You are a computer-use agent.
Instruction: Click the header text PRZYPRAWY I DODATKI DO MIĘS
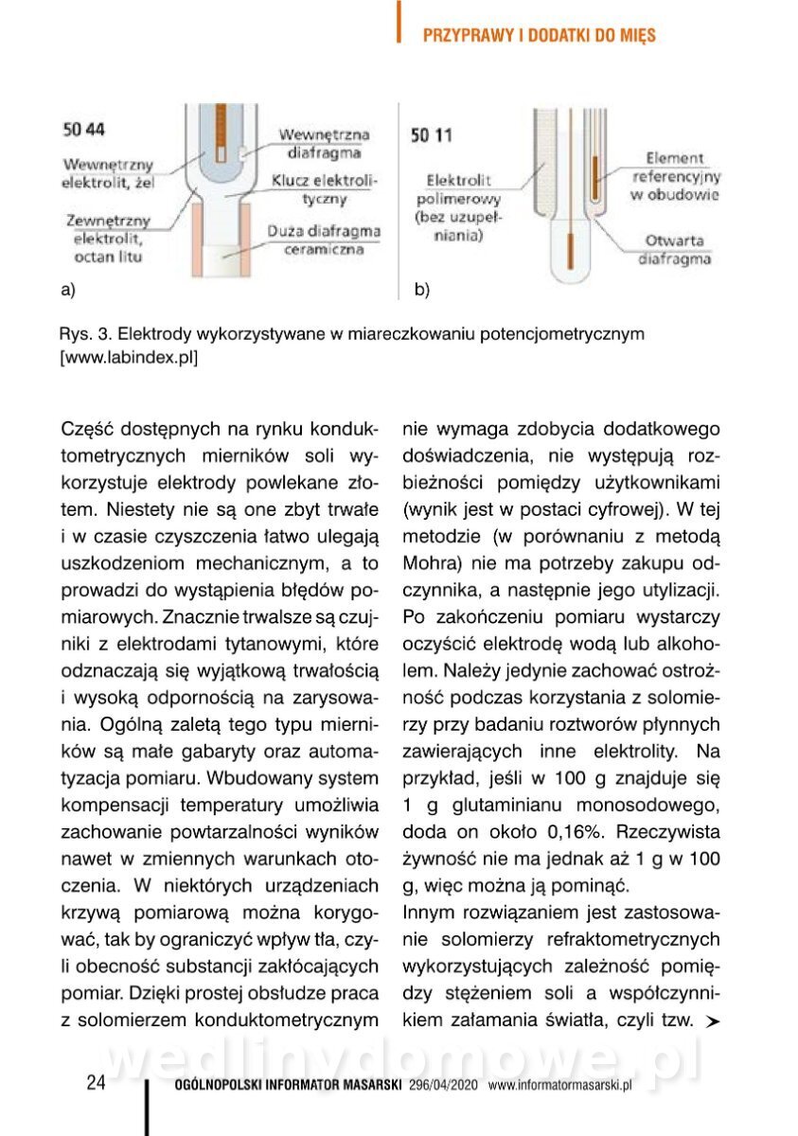point(539,35)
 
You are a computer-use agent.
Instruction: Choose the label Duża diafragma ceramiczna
point(322,240)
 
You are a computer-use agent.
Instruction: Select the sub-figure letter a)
point(67,290)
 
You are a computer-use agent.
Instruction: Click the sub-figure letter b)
point(421,290)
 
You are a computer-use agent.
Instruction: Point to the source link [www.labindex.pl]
point(128,358)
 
